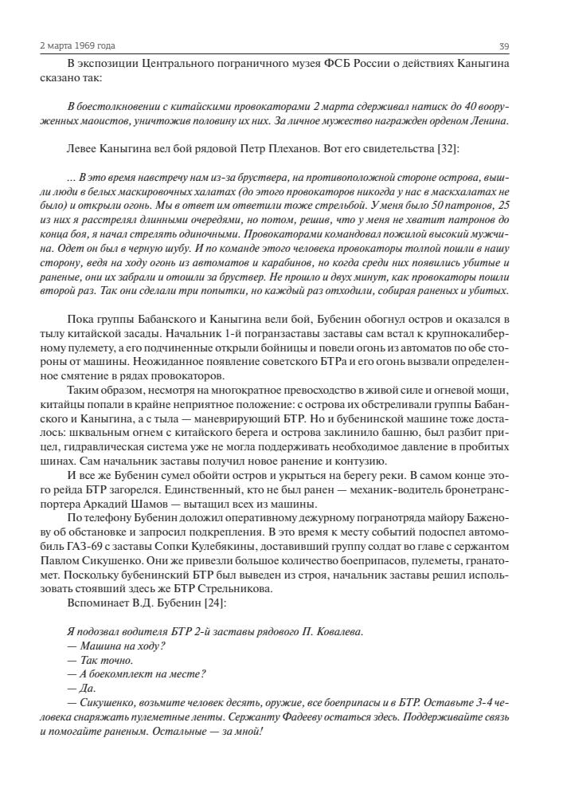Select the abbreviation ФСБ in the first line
coord(339,64)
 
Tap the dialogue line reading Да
coord(81,688)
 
